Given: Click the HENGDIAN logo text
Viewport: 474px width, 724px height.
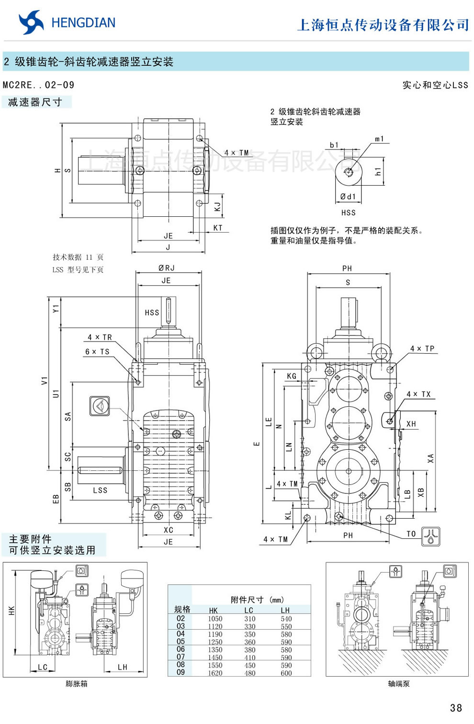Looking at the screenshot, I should (83, 23).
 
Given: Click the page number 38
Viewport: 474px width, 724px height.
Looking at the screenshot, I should (456, 708).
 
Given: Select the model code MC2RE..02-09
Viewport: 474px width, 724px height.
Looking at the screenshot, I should (39, 85).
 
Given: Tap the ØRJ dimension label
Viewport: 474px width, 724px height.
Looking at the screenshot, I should (167, 268).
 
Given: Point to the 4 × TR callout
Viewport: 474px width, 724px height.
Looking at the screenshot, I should (100, 337).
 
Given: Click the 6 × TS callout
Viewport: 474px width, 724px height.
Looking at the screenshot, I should (97, 352).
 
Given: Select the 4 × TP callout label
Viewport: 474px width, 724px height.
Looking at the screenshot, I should (422, 349).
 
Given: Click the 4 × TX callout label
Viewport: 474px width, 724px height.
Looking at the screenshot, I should (418, 394).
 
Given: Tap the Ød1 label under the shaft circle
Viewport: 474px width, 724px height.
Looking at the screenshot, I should (348, 197).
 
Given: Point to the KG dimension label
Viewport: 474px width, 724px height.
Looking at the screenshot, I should (292, 376).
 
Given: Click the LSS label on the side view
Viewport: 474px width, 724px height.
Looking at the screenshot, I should (100, 490).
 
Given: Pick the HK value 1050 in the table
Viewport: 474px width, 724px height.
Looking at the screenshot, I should (215, 619).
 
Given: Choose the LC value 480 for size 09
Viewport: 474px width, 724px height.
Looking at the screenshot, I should (249, 673).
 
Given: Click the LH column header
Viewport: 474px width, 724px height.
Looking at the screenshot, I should (285, 610).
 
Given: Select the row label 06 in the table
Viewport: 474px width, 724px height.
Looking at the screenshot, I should (181, 649).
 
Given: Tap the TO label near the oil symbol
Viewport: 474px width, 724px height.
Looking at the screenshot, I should (411, 534).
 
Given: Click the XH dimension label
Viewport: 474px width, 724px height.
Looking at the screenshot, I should (411, 424).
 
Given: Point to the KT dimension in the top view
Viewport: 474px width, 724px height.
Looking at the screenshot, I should (218, 228).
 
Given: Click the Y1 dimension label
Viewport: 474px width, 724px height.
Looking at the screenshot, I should (56, 309).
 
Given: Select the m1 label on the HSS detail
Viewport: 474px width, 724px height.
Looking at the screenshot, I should (379, 139).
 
